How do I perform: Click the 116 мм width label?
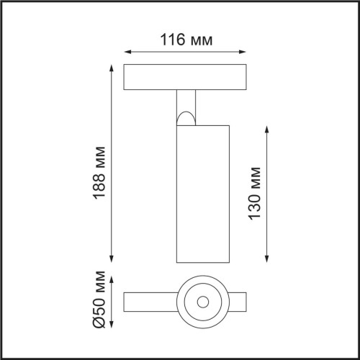pos(186,40)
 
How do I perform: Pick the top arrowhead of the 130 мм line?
pos(268,128)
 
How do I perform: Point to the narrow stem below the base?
pos(186,101)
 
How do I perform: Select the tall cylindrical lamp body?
pos(202,194)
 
